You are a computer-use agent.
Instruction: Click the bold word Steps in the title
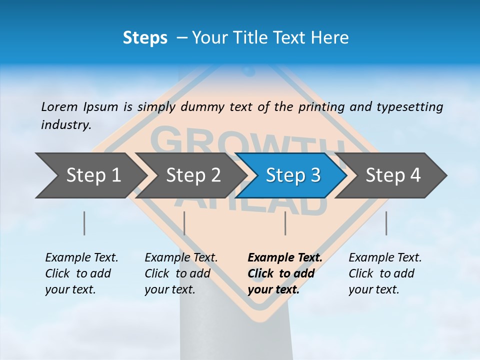145,38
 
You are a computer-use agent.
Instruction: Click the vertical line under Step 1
84,223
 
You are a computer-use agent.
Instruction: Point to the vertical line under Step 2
184,223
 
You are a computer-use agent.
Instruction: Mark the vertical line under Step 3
285,223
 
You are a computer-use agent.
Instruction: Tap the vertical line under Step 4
386,223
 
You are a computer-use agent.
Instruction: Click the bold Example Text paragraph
284,273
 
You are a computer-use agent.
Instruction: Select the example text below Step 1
81,273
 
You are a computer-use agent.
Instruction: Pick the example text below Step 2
181,273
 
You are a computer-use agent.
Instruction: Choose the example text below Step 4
385,273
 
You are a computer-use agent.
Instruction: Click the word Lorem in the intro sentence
59,107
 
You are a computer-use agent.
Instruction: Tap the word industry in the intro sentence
65,125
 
